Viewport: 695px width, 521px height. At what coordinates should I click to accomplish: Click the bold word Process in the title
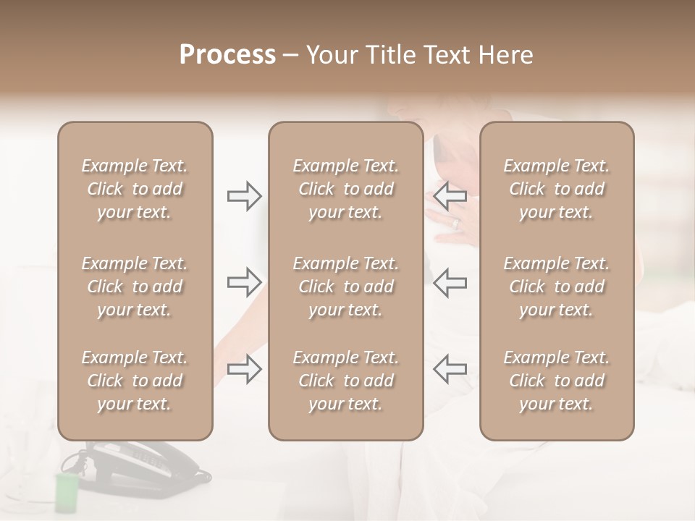(x=227, y=55)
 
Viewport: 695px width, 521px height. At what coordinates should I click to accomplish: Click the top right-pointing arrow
(x=244, y=195)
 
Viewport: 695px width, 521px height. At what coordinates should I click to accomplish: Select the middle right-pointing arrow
(x=244, y=282)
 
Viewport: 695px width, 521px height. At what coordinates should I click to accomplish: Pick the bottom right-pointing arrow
(x=244, y=369)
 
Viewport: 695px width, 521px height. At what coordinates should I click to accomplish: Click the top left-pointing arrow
(x=450, y=195)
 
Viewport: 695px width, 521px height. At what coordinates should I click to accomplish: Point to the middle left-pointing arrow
(x=450, y=282)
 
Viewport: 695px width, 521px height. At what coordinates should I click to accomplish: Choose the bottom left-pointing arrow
(x=450, y=369)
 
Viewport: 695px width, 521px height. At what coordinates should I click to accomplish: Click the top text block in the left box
(x=135, y=189)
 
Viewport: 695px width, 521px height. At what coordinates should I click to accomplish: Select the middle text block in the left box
(x=135, y=287)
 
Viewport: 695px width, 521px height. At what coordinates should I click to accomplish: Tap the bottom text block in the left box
(x=135, y=381)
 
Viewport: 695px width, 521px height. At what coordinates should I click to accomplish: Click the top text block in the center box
(x=345, y=189)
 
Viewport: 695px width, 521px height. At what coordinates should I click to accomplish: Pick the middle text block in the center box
(x=345, y=287)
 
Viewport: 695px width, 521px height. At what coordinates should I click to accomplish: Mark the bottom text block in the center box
(x=345, y=381)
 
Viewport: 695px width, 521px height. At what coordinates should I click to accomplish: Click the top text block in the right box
(x=556, y=189)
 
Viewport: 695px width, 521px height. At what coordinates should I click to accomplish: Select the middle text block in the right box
(x=556, y=287)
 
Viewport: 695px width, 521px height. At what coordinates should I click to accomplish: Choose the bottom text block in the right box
(x=556, y=381)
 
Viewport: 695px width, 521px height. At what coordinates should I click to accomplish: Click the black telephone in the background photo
(x=145, y=467)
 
